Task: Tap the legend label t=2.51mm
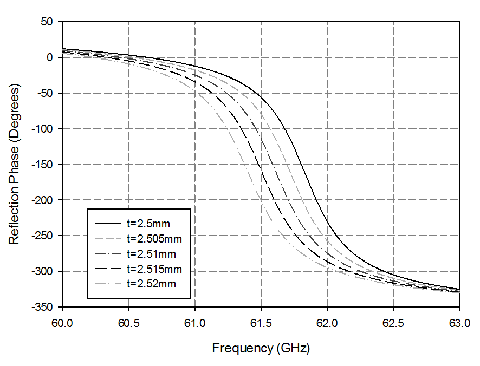click(151, 253)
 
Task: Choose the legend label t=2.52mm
click(151, 283)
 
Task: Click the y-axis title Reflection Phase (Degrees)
click(15, 164)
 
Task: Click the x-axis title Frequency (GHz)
click(261, 348)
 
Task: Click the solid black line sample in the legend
click(108, 223)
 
